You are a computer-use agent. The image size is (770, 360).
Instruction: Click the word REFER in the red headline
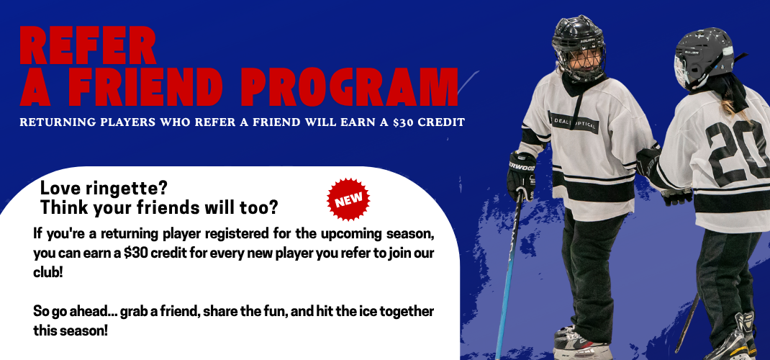[89, 45]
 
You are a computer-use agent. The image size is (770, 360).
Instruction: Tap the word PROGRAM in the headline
[349, 87]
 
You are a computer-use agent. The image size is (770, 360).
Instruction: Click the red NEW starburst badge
[348, 199]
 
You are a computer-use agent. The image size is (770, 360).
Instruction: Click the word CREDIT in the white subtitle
[443, 122]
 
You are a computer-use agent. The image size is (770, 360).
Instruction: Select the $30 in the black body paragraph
[135, 253]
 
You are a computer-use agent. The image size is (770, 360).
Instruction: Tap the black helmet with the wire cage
[579, 48]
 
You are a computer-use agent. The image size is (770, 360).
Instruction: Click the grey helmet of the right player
[705, 58]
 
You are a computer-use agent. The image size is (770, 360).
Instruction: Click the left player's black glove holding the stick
[521, 176]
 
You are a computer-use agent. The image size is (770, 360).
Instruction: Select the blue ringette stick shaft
[508, 275]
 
